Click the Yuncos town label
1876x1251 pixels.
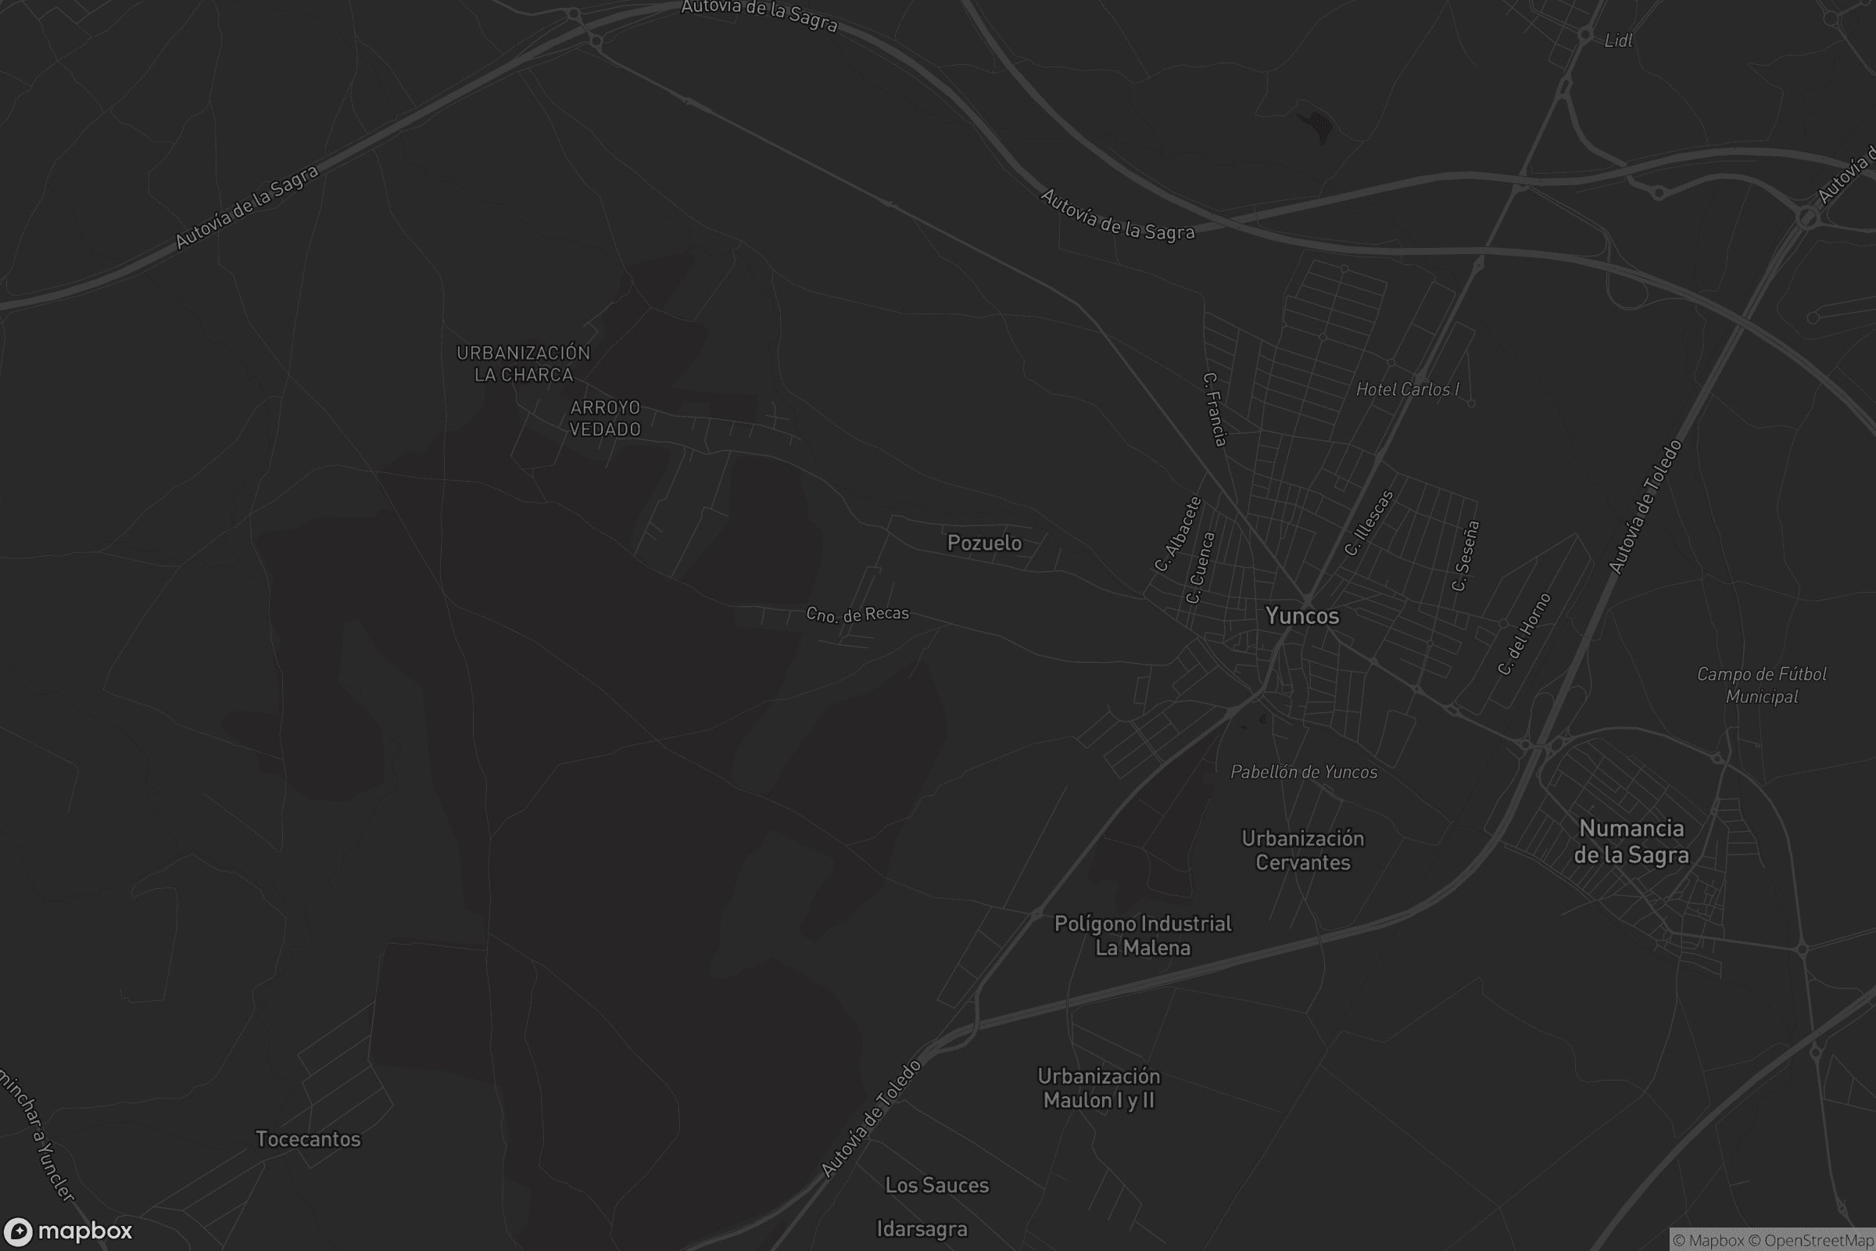1301,616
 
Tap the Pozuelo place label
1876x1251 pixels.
983,543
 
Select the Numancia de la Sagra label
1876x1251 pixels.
1631,842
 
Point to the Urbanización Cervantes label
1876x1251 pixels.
1302,851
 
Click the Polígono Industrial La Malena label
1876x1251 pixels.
1142,936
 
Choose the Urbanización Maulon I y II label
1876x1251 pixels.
1098,1088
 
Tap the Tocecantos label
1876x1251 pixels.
308,1139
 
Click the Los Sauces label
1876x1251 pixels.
936,1185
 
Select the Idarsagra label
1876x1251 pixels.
922,1229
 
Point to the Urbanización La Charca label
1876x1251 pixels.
523,364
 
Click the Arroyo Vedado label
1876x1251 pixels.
604,418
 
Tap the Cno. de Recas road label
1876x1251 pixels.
857,615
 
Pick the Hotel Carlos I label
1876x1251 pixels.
1407,389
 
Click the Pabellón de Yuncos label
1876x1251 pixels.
1303,772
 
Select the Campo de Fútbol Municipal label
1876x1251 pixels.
1761,686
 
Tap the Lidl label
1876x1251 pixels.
1617,41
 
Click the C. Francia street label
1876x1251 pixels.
1214,409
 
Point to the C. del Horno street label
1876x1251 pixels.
1524,633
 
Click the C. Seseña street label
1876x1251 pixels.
1465,556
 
